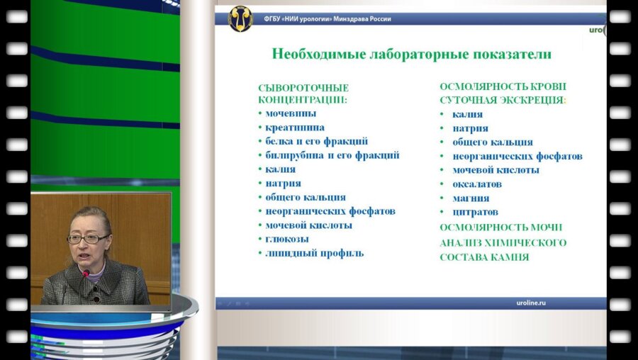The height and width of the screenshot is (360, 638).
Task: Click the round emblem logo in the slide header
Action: pos(240,18)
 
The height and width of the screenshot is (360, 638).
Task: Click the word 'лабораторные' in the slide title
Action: pos(411,55)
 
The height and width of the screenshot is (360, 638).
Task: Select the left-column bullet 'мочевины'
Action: pos(291,113)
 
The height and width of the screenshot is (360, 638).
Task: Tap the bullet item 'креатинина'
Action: pos(295,128)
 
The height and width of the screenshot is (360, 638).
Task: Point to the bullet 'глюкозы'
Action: pos(287,239)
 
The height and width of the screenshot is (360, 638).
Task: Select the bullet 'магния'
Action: pos(471,198)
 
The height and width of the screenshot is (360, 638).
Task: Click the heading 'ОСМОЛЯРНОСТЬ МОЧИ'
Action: pos(500,227)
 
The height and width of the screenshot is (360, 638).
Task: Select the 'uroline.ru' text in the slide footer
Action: pos(531,303)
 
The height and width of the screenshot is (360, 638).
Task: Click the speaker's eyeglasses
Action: pos(88,239)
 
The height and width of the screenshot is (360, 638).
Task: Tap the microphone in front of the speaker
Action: pos(86,273)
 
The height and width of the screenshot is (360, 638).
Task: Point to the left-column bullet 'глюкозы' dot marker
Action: pos(260,240)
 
